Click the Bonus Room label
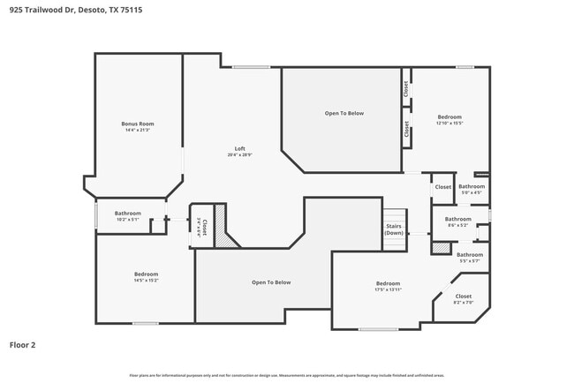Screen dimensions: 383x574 click(138, 126)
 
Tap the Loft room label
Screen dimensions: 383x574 click(239, 151)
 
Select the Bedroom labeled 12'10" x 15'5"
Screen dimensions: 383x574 click(449, 120)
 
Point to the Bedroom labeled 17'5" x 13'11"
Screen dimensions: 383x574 click(388, 286)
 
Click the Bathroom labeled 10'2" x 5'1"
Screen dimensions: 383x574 click(127, 216)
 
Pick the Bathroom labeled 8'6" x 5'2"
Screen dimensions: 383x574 click(457, 222)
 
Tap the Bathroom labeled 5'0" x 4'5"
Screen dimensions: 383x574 click(471, 189)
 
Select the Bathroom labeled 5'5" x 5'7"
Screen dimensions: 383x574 click(469, 258)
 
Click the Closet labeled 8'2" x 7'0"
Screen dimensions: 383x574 click(463, 299)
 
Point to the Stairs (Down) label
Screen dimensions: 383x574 click(394, 230)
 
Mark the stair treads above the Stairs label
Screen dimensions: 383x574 click(394, 215)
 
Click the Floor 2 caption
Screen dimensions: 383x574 click(23, 344)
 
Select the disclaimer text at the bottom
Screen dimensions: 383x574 click(286, 375)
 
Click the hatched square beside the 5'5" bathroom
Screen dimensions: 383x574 click(439, 249)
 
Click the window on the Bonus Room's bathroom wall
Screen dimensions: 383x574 click(96, 215)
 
